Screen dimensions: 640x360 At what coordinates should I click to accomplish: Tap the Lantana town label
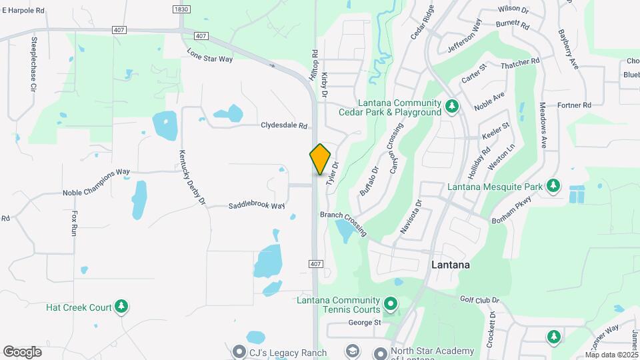[450, 265]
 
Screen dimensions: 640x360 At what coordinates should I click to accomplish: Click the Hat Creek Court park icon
[121, 307]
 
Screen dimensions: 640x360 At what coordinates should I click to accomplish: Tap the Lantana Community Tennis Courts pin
[391, 305]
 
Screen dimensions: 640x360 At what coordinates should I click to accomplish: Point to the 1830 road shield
[181, 9]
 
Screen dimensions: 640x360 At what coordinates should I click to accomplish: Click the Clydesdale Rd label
[284, 125]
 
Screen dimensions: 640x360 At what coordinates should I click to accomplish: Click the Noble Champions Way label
[96, 192]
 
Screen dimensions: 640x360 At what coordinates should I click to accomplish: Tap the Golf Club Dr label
[479, 300]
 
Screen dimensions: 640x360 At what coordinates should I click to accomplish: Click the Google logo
[22, 351]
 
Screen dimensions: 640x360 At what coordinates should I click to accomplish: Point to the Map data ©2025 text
[611, 355]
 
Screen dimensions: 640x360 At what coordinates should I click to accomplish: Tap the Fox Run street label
[75, 222]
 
